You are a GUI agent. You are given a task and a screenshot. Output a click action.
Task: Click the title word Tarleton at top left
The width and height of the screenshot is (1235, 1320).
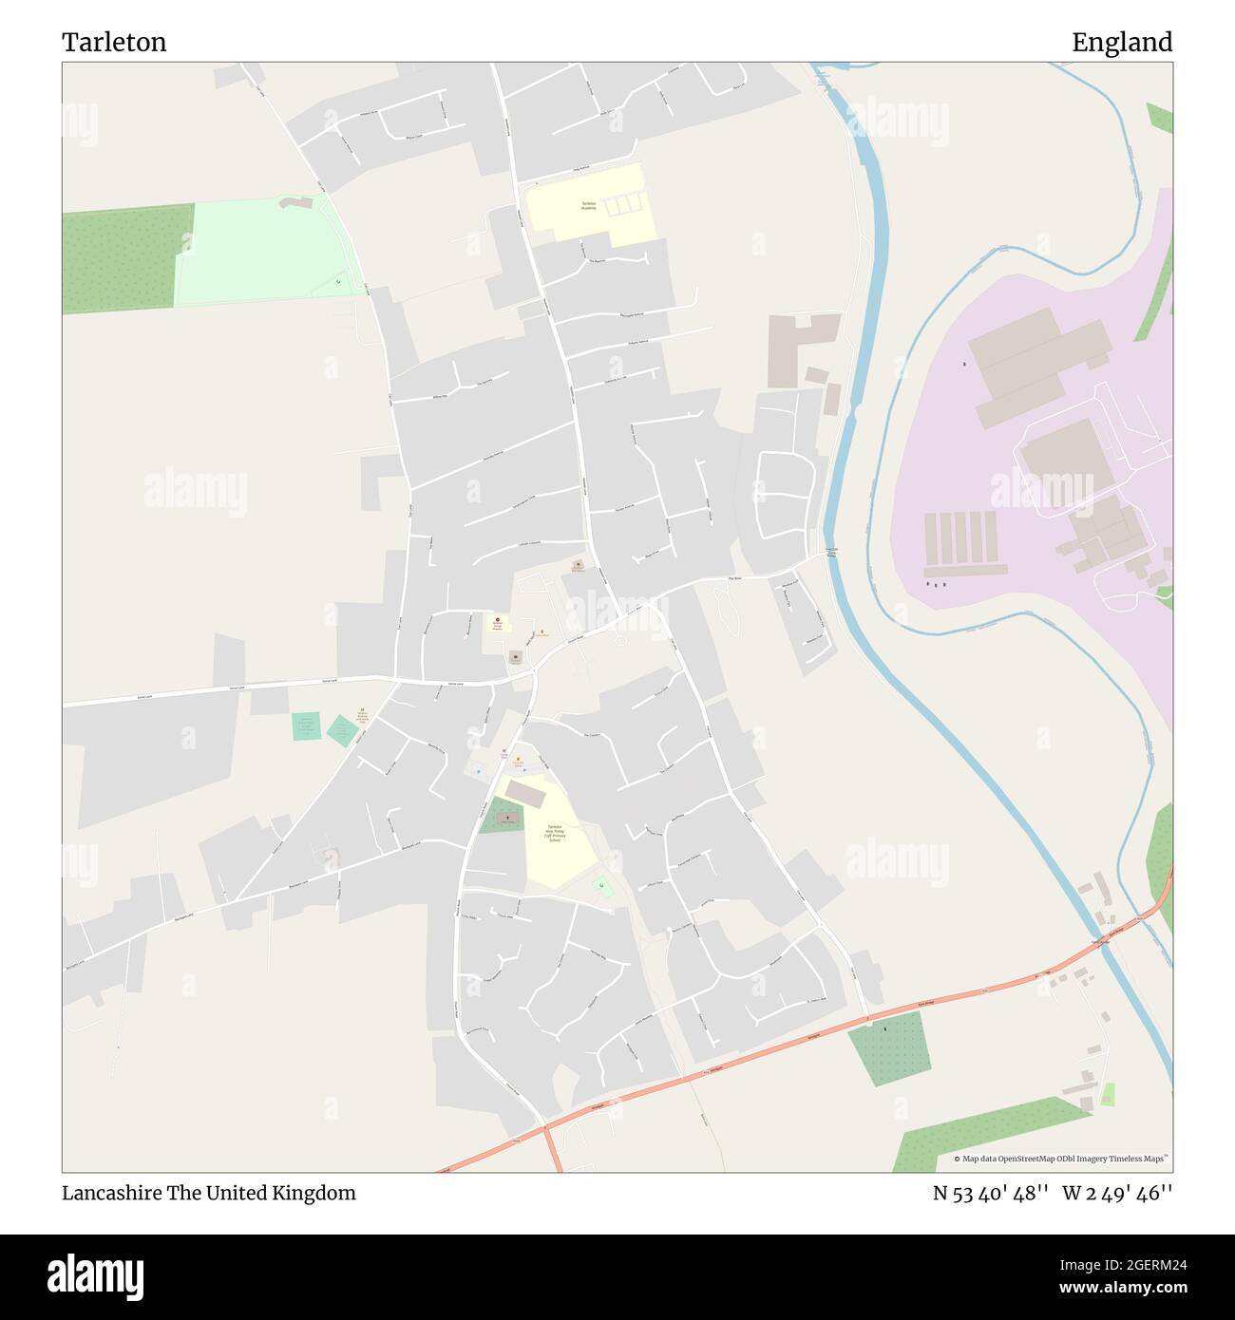tap(114, 42)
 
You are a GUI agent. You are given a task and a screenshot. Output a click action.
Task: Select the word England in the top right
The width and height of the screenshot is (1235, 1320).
tap(1122, 42)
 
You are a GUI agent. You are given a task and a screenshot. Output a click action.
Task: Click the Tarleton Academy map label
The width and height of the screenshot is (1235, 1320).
tap(589, 206)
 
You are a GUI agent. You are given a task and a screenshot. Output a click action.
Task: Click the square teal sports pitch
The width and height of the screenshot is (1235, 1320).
tap(306, 726)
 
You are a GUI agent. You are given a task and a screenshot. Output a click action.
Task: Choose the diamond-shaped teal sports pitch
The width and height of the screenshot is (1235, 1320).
tap(342, 730)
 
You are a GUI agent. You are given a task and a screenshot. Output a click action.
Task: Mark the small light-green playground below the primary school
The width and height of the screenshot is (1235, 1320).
tap(602, 886)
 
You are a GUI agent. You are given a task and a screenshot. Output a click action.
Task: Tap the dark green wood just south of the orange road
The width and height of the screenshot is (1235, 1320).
tap(888, 1047)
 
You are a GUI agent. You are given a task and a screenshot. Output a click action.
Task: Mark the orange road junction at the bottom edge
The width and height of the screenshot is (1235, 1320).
tap(549, 1130)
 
